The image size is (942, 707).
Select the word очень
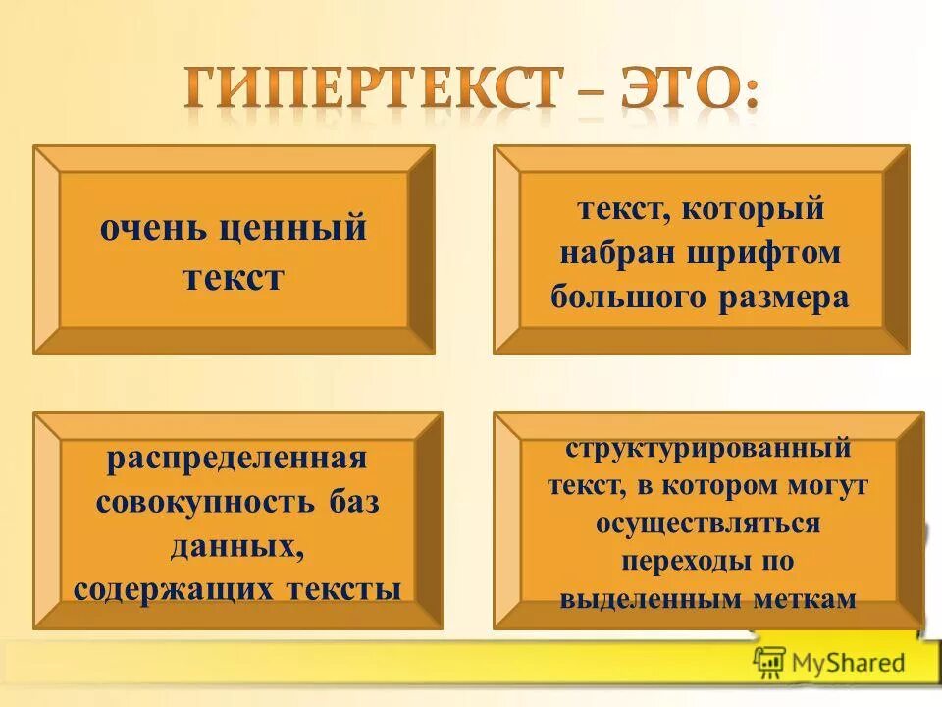154,230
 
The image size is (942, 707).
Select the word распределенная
236,459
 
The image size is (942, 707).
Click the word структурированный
707,449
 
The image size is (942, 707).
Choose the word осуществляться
707,523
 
